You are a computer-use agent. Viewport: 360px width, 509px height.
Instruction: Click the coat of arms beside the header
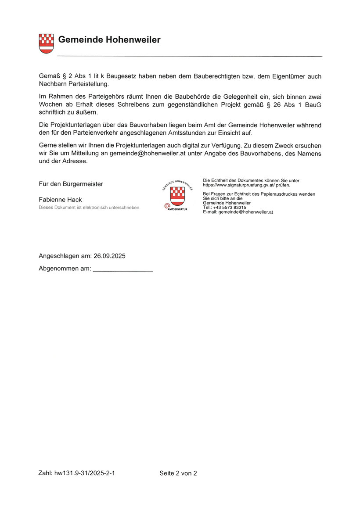(46, 43)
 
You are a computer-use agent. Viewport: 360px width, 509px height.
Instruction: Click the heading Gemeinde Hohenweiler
(109, 40)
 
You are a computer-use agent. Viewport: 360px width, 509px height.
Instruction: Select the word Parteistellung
(87, 84)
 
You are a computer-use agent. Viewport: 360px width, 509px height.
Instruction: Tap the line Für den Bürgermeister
(71, 184)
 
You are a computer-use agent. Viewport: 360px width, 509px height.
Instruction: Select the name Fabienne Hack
(61, 200)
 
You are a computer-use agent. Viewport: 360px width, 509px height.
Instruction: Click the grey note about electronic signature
(90, 207)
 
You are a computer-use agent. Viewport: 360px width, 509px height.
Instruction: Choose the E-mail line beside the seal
(238, 212)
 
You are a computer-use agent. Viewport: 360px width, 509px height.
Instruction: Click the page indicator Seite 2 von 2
(178, 473)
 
